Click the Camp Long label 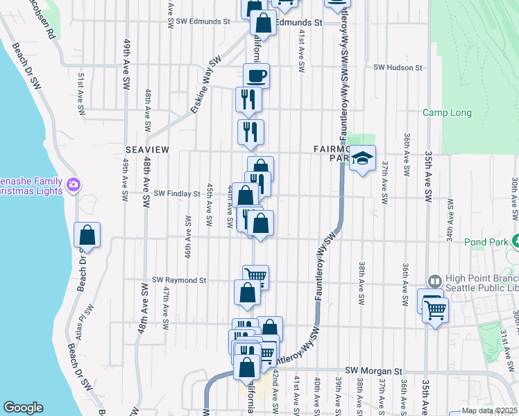tap(447, 113)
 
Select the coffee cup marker tap(256, 76)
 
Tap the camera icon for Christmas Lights tap(74, 184)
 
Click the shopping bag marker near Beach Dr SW tap(87, 236)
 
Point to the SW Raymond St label tap(180, 280)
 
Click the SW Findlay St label tap(176, 193)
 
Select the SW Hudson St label tap(398, 68)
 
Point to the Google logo tap(23, 408)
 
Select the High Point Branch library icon tap(434, 281)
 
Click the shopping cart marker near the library tap(435, 311)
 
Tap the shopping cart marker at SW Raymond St tap(256, 277)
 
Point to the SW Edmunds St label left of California tap(203, 21)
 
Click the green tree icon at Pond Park tap(516, 243)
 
